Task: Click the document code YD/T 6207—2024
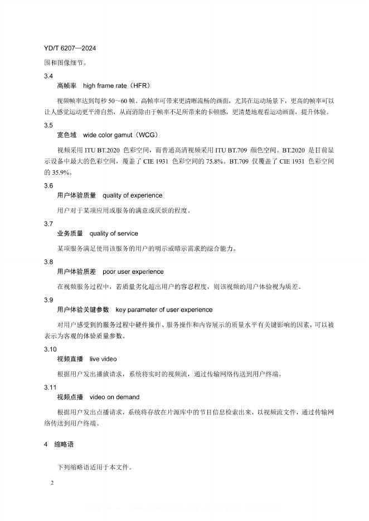click(x=69, y=49)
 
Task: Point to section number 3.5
click(x=48, y=125)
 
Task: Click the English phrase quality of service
click(x=114, y=233)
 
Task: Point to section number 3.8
click(x=48, y=262)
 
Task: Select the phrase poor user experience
click(x=133, y=272)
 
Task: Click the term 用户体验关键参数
click(x=83, y=309)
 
